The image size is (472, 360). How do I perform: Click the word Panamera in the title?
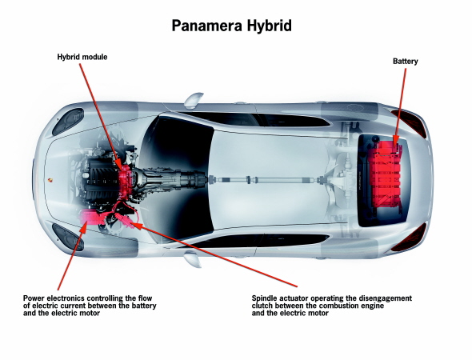coord(207,26)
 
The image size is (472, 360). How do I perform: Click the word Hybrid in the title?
coord(270,26)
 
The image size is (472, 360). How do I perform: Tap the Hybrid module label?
coord(82,57)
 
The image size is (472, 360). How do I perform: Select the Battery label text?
coord(405,61)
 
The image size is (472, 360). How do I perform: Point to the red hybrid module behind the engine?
coord(126,182)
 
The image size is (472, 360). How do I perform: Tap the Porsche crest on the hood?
coord(49,180)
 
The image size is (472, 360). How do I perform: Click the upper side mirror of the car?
coord(194,100)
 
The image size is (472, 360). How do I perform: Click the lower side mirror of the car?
coord(193,260)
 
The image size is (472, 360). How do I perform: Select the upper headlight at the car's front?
coord(68,122)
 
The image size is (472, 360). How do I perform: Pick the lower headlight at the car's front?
coord(68,237)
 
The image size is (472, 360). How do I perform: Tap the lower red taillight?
coord(410,238)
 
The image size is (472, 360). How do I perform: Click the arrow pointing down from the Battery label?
coord(400,109)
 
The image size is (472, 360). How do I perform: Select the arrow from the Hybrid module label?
coord(101,117)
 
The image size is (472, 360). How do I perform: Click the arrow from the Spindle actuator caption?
coord(214,254)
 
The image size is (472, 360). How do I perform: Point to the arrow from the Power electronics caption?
coord(70,256)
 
